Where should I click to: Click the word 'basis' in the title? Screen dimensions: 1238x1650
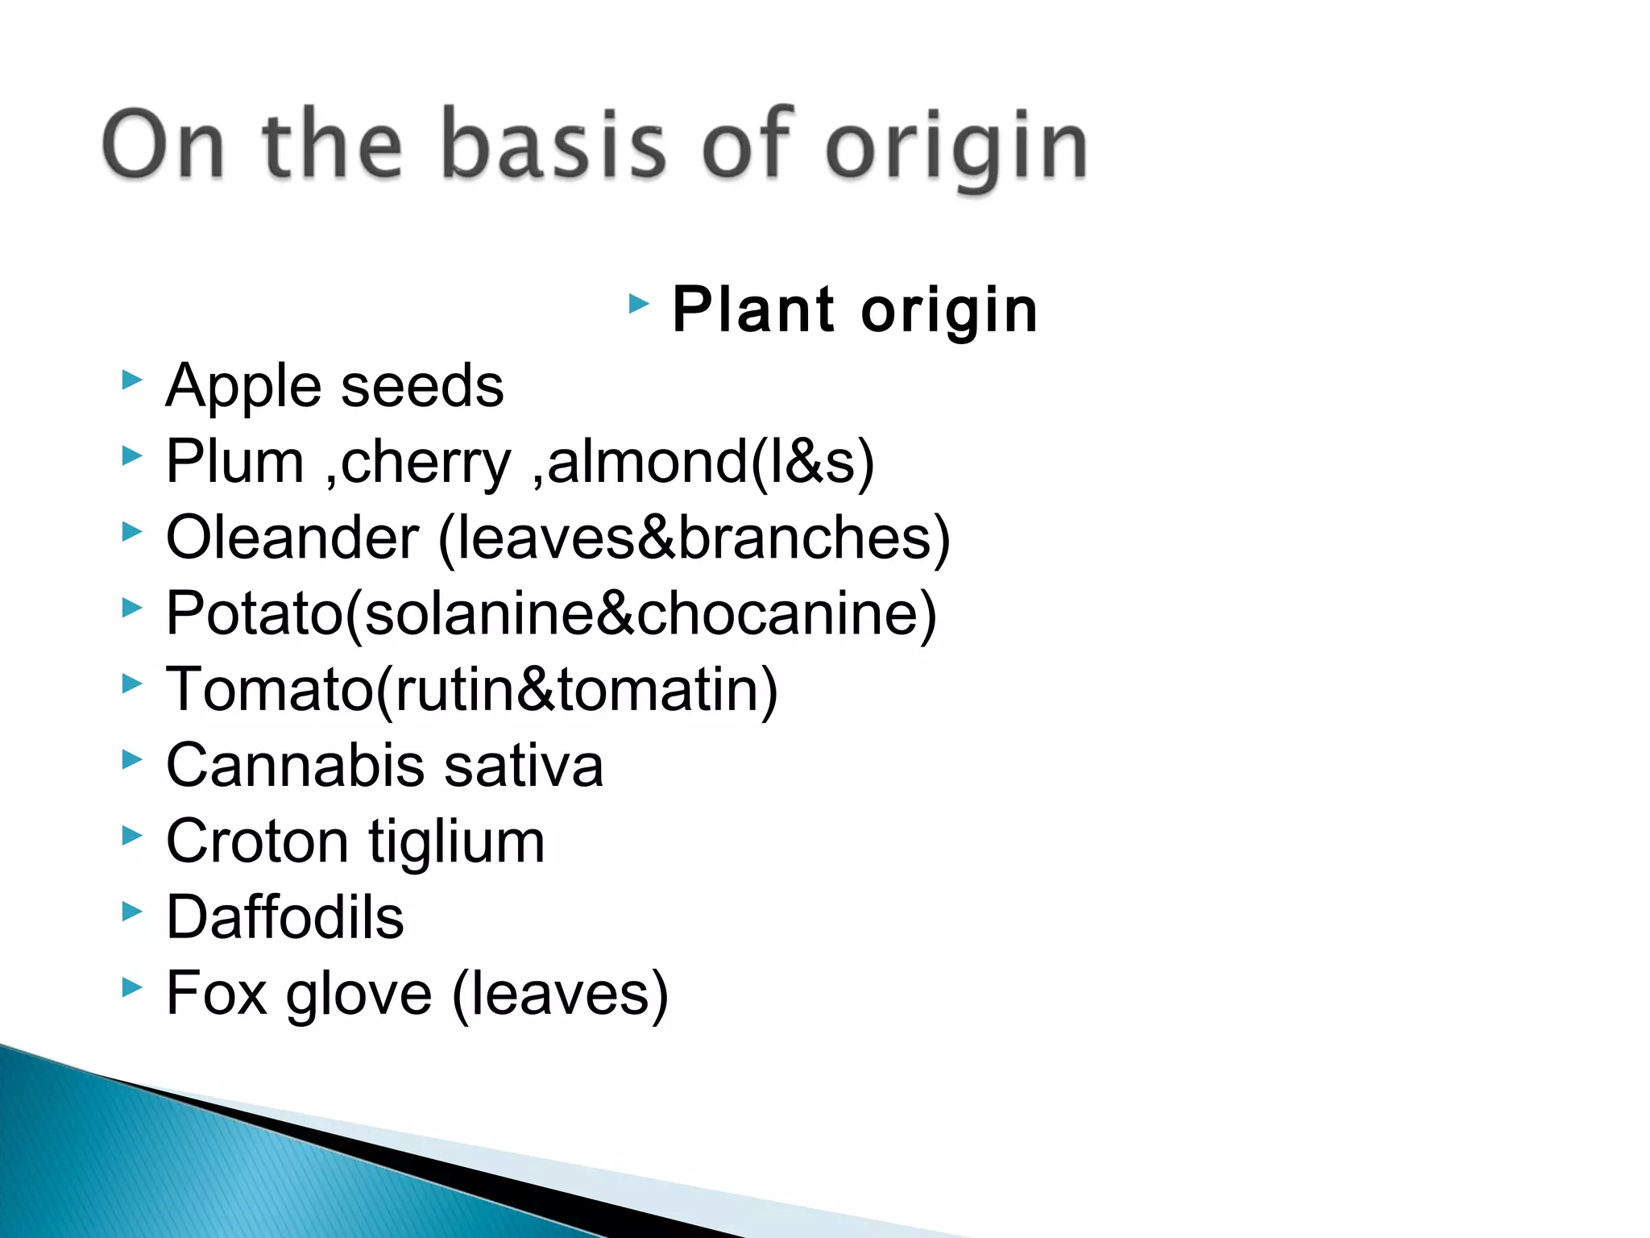click(x=553, y=145)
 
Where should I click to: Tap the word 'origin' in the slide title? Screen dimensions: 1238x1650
click(x=956, y=149)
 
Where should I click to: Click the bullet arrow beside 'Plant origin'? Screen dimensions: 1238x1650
click(x=638, y=304)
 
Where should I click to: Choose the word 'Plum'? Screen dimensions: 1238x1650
click(x=235, y=462)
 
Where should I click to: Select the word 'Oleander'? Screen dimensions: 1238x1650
click(x=292, y=538)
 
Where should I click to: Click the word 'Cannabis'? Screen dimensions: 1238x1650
click(x=295, y=766)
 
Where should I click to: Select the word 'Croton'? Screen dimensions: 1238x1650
click(x=257, y=841)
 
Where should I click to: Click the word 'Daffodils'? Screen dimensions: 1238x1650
click(x=284, y=917)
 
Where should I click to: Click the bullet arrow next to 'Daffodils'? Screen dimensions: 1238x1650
click(x=131, y=912)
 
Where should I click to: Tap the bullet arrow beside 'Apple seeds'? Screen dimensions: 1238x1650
click(x=131, y=380)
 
